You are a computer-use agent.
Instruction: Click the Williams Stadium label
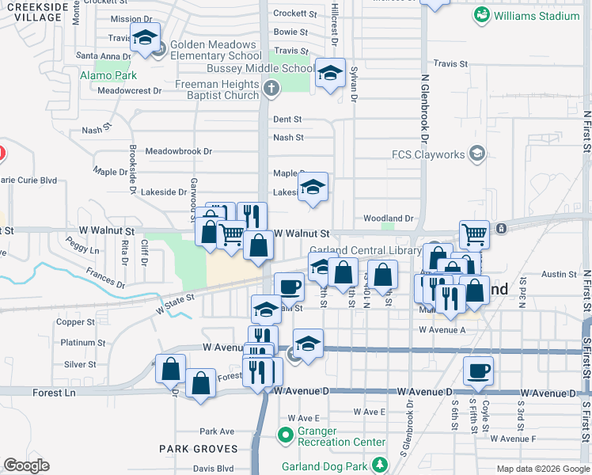537,15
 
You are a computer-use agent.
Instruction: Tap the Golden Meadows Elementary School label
212,50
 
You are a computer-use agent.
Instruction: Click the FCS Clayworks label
431,154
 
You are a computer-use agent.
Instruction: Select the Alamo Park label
108,76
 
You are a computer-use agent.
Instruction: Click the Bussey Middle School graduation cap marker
330,74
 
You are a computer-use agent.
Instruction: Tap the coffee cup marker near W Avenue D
478,371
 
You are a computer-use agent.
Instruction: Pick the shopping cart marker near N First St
474,234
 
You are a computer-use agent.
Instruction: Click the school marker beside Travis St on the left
146,37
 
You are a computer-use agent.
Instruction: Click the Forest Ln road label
54,393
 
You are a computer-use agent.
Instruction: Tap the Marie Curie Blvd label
30,180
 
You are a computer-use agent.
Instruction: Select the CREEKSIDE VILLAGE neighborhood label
35,12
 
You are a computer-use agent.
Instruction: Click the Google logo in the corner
26,465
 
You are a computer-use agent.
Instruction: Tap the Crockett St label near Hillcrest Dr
294,13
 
